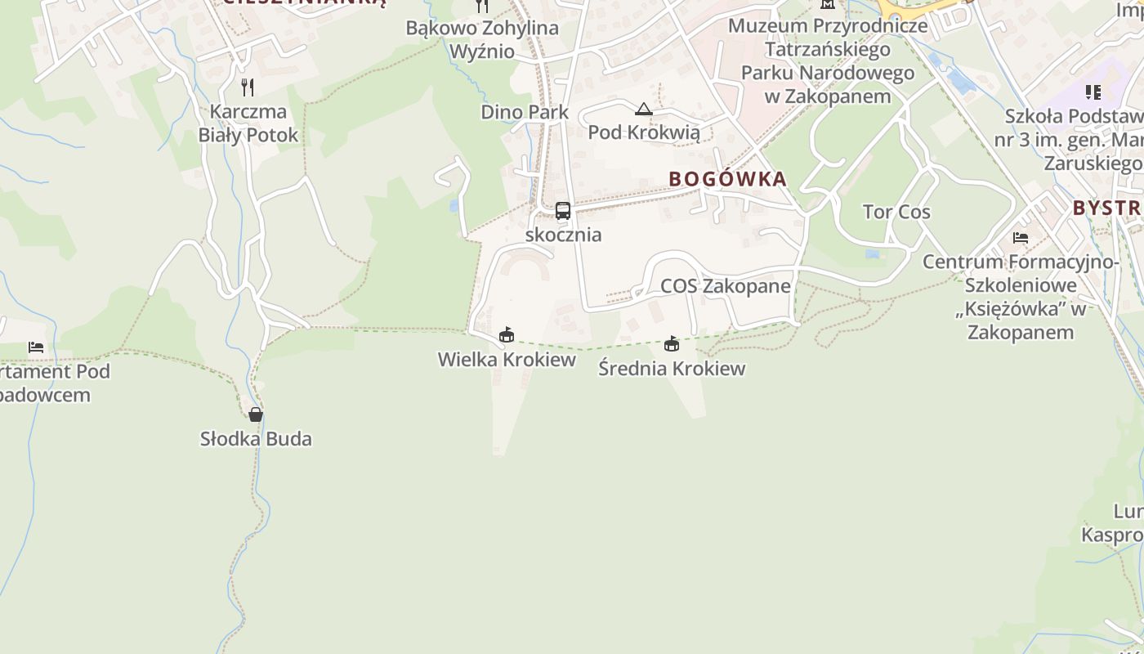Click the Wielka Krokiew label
coord(507,360)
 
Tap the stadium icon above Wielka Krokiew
coord(507,334)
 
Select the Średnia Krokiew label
coord(672,368)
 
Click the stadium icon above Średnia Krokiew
coord(672,343)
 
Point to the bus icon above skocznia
coord(562,211)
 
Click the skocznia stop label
coord(563,235)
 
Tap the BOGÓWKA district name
coord(727,179)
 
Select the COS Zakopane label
coord(726,286)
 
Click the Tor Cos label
coord(896,212)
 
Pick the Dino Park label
coord(525,112)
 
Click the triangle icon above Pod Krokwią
coord(644,110)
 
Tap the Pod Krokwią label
coord(644,132)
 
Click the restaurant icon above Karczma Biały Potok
coord(248,87)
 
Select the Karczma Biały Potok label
coord(248,123)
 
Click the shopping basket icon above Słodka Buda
coord(256,414)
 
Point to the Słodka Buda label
coord(256,439)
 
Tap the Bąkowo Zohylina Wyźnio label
coord(482,39)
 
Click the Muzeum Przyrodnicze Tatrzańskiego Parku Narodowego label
coord(828,60)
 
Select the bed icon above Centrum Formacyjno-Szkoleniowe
coord(1021,238)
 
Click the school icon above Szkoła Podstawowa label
coord(1093,92)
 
